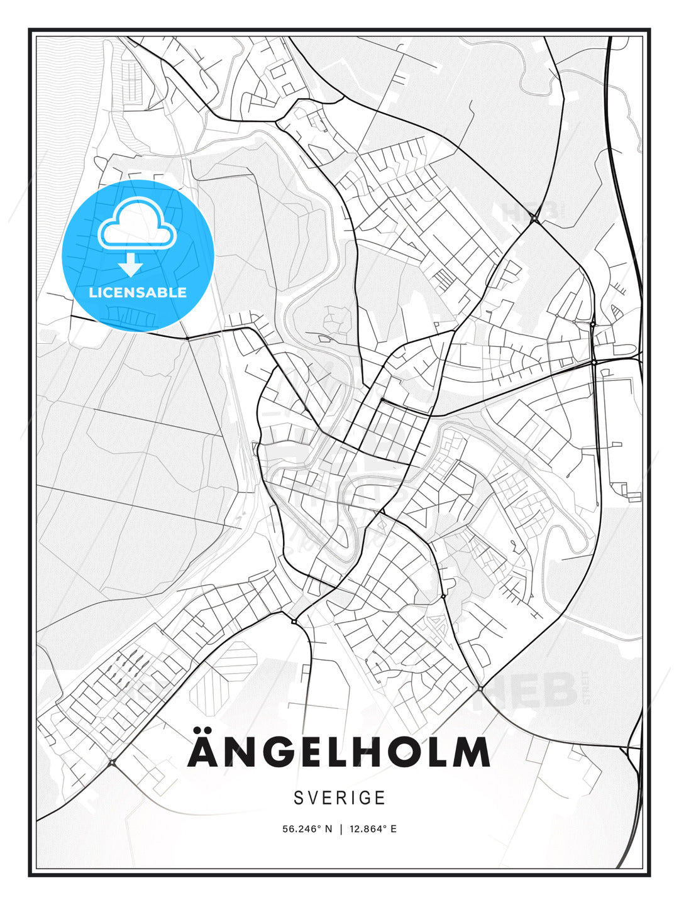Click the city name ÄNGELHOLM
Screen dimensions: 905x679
[x=339, y=752]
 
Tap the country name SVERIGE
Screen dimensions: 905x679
[x=339, y=798]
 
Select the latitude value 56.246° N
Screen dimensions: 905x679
[x=307, y=829]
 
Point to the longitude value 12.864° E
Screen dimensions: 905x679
[x=372, y=829]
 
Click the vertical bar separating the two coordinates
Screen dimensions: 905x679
[x=340, y=829]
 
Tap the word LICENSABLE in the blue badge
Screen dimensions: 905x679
[x=138, y=292]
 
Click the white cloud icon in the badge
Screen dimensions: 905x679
[x=136, y=224]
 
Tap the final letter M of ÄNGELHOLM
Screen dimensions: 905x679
[x=472, y=752]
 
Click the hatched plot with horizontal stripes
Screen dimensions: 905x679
[x=236, y=659]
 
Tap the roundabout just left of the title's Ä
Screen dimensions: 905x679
[x=112, y=762]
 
